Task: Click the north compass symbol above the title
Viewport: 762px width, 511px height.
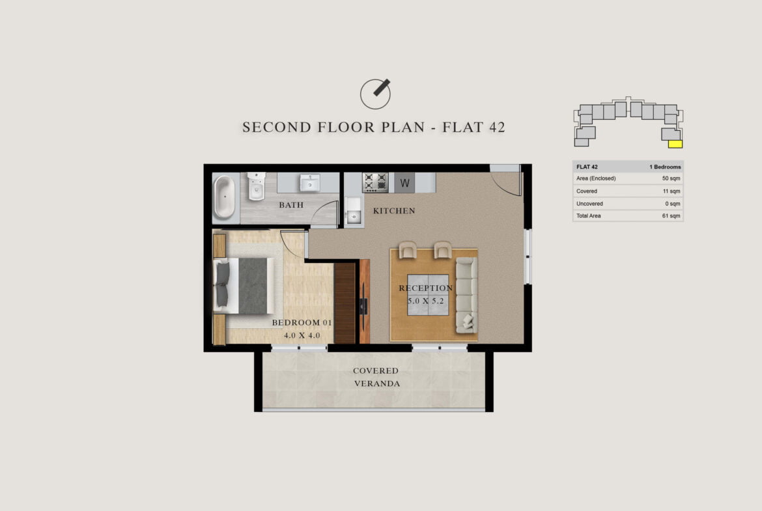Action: (375, 94)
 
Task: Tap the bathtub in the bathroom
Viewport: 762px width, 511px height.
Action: (224, 197)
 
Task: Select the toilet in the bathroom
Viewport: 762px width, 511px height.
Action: (256, 186)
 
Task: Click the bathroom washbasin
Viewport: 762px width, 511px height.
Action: (309, 183)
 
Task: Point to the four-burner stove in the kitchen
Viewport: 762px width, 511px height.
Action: (375, 182)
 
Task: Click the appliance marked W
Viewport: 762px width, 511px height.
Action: (404, 183)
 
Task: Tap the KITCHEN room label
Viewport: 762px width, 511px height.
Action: (394, 211)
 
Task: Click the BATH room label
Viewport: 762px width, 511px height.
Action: (291, 205)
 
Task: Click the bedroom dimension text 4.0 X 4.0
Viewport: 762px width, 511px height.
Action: (302, 335)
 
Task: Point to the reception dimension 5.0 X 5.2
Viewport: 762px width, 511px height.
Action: (426, 301)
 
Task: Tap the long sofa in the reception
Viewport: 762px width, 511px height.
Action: (466, 296)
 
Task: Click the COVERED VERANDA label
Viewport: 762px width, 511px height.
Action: (376, 377)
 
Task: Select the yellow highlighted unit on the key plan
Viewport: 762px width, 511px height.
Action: (675, 144)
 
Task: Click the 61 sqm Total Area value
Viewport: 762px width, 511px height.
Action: (671, 215)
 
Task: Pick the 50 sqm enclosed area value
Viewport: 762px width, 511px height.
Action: (671, 178)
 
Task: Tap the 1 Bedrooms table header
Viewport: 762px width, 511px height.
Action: (665, 167)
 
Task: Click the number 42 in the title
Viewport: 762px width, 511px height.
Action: (497, 128)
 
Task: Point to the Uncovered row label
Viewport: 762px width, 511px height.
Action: (589, 204)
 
